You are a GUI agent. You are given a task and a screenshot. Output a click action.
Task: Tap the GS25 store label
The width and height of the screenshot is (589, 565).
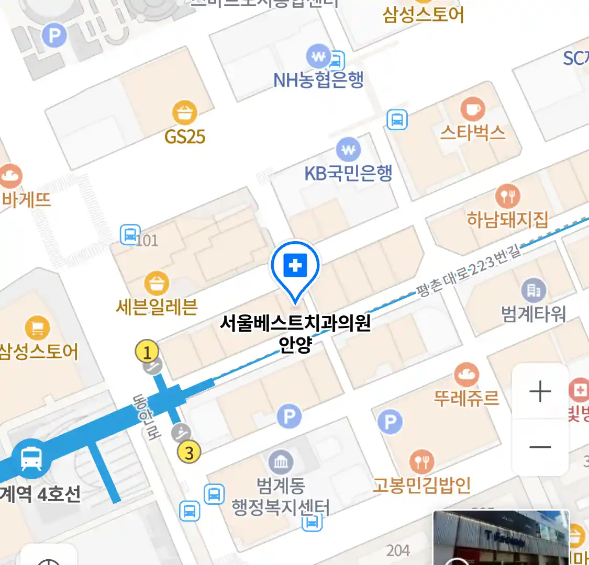coord(184,137)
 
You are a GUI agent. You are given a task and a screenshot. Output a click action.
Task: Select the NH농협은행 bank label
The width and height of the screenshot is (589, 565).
coord(318,80)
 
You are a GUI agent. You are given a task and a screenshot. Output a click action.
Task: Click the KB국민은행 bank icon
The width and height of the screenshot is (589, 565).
coord(348,150)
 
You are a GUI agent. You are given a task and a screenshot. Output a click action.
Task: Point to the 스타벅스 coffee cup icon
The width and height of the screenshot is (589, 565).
coord(472,109)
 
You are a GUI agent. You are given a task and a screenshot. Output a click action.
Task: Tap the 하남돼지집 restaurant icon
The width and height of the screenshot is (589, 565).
coord(507,196)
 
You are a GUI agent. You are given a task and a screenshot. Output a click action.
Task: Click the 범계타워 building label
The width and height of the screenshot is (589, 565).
coord(534,313)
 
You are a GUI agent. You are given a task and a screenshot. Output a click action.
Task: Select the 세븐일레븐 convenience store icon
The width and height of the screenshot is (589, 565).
coord(157,284)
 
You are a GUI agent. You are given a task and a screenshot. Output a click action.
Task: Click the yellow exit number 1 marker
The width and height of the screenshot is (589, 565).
coord(147,352)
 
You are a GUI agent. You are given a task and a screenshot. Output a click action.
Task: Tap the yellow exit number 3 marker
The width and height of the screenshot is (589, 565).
coord(189,452)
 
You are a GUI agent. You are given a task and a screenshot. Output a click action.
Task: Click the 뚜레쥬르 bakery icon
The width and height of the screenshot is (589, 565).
coord(466,375)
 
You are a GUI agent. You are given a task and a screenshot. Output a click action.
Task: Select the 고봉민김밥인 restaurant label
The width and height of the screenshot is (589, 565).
coord(421,485)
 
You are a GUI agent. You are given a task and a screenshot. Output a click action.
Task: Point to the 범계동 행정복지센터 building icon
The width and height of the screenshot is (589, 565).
coord(281,462)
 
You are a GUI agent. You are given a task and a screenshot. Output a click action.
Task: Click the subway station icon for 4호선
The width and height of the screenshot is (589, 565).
coord(32,459)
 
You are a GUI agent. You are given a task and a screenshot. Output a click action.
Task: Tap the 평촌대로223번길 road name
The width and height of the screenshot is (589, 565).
coord(469,271)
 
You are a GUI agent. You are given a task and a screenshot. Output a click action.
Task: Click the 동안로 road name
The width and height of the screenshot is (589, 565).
coord(146,417)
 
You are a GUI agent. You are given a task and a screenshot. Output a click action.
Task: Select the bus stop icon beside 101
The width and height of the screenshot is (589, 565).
coord(130,234)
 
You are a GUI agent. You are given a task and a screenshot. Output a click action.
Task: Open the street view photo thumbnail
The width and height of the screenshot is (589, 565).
coord(501,538)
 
